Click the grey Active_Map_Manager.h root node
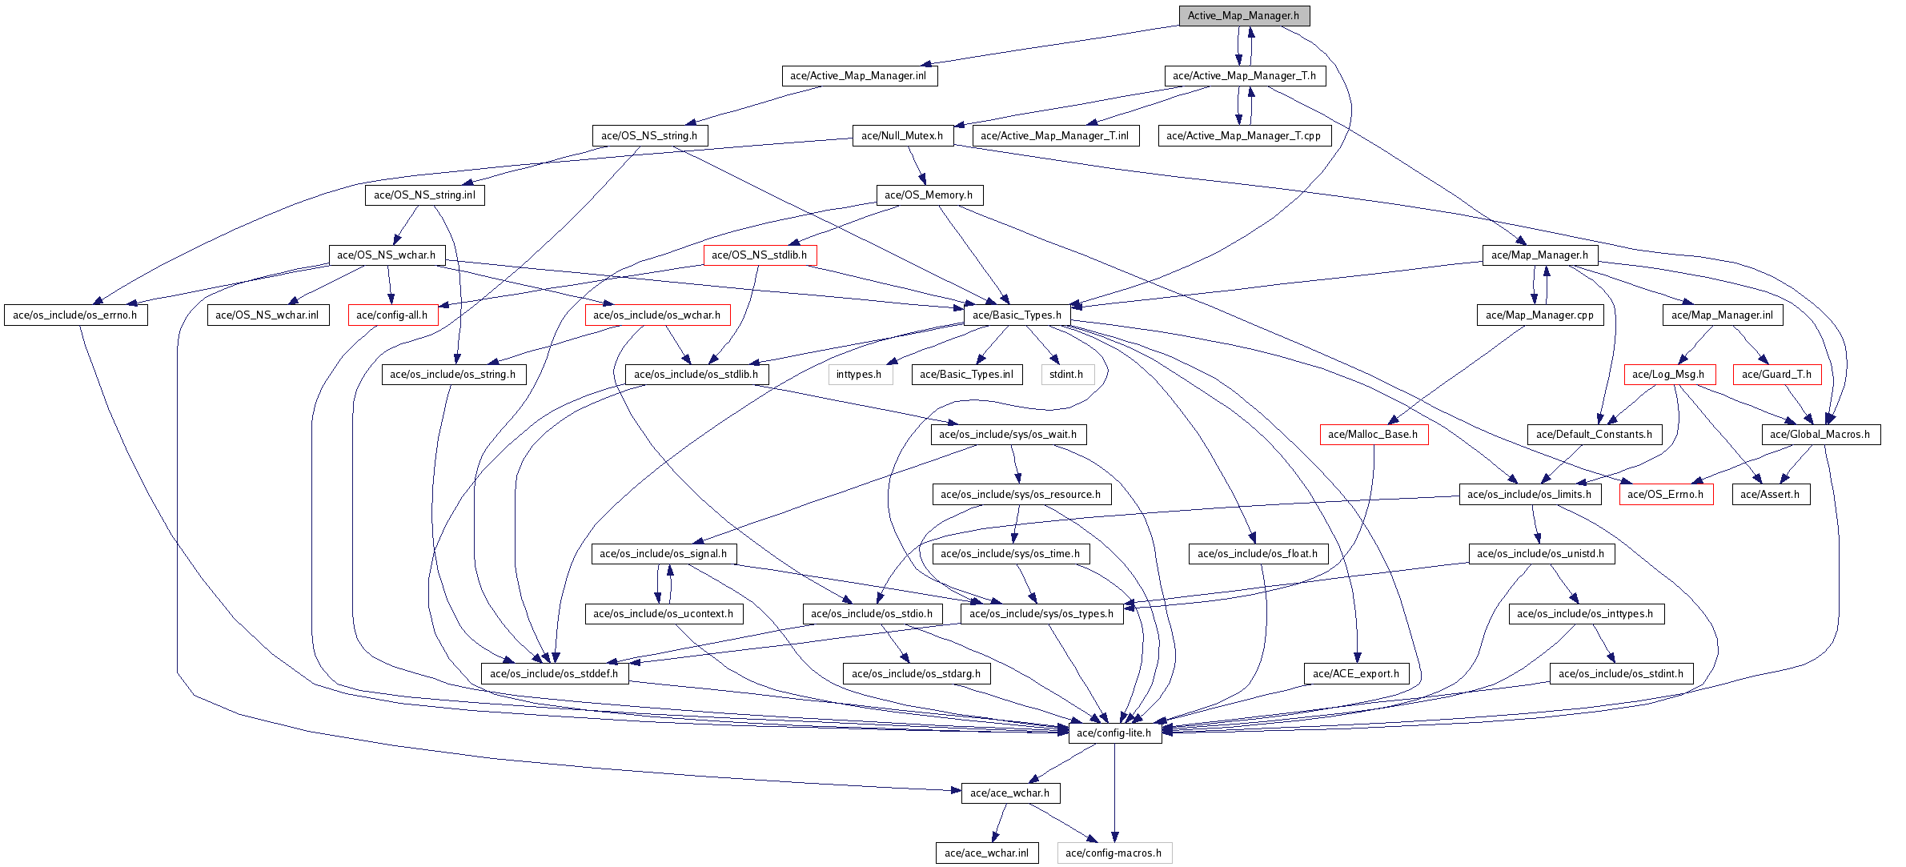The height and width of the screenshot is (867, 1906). click(1243, 15)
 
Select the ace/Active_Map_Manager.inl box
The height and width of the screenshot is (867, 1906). click(858, 75)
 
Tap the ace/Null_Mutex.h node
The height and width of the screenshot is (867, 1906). click(902, 135)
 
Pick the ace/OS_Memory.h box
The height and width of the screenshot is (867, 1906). click(929, 195)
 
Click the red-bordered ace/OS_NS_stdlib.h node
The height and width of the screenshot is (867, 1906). click(760, 255)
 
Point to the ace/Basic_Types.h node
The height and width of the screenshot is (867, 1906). click(1017, 315)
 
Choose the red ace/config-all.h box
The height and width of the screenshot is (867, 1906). click(392, 315)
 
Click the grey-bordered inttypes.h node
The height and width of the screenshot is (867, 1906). click(859, 374)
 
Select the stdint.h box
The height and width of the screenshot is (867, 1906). click(1066, 374)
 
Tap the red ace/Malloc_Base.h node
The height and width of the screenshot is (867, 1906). click(1373, 434)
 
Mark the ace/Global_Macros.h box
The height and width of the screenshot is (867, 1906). click(1820, 434)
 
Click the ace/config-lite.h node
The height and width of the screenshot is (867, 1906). click(1114, 733)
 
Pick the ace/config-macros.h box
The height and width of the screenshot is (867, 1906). click(1114, 853)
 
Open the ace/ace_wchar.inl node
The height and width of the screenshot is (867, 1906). click(986, 853)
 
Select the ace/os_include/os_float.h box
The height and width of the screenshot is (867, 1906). click(1257, 553)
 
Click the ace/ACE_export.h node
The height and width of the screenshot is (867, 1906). click(1356, 673)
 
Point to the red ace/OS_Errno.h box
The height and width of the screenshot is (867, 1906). click(1666, 494)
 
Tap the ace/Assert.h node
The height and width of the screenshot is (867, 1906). click(1770, 494)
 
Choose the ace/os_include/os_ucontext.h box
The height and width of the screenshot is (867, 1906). click(664, 613)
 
